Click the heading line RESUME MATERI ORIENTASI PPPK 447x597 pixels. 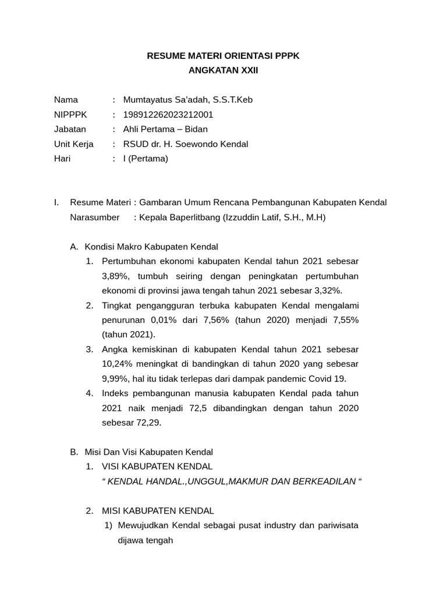[x=223, y=55]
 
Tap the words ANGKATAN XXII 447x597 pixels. [x=223, y=71]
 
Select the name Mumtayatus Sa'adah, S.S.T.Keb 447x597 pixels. [x=187, y=100]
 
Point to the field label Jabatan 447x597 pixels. [x=70, y=129]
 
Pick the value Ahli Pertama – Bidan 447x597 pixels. [x=165, y=129]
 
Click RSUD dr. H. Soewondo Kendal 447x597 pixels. [x=185, y=143]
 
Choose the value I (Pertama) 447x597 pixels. [x=145, y=158]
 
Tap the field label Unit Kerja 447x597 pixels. [x=73, y=143]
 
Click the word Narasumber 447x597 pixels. [x=94, y=217]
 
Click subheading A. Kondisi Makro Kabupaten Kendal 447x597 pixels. [x=144, y=247]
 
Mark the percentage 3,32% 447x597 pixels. [x=328, y=290]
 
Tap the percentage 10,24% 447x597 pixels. [x=118, y=364]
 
